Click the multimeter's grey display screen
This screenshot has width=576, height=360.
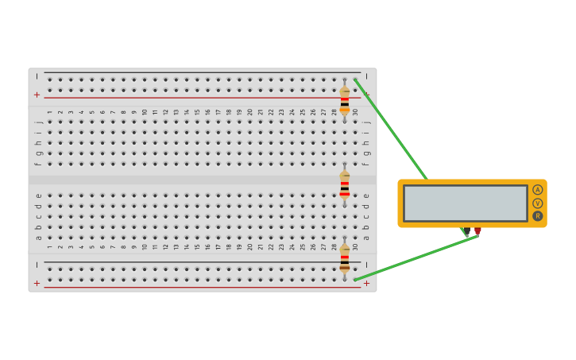465,203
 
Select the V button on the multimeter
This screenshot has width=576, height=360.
538,203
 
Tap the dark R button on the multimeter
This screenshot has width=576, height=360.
538,216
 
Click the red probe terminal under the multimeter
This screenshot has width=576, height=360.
477,231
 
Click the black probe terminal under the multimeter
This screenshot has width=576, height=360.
466,231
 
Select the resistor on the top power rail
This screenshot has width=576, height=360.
344,100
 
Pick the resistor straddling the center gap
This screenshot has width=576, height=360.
344,184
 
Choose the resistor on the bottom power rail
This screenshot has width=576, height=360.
344,257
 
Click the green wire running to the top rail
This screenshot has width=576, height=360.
389,129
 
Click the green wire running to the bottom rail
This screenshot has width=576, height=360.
413,257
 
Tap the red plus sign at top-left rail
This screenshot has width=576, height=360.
37,95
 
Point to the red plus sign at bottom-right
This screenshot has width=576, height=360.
366,283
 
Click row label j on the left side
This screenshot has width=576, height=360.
37,122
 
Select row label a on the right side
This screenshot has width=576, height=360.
366,237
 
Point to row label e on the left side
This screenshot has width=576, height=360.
37,195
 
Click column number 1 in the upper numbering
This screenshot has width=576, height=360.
49,112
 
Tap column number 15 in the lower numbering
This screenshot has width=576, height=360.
197,246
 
